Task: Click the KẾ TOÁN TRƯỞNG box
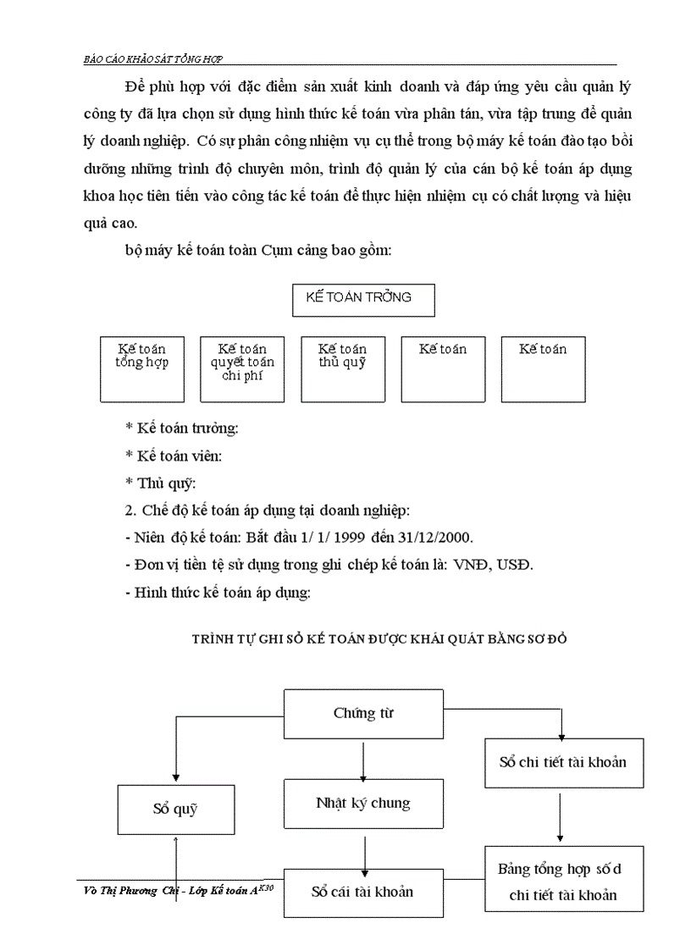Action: click(x=363, y=300)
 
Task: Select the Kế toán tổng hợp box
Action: click(x=142, y=368)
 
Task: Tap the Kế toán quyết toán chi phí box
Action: click(x=242, y=368)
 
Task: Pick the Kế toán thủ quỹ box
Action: click(x=343, y=368)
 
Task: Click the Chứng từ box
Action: click(x=363, y=713)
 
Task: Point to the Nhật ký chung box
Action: click(x=363, y=803)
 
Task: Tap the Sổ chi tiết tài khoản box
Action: click(x=562, y=762)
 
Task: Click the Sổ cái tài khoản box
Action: click(x=363, y=892)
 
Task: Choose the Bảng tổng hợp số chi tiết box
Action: click(x=558, y=881)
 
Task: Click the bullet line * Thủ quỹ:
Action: click(x=160, y=484)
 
